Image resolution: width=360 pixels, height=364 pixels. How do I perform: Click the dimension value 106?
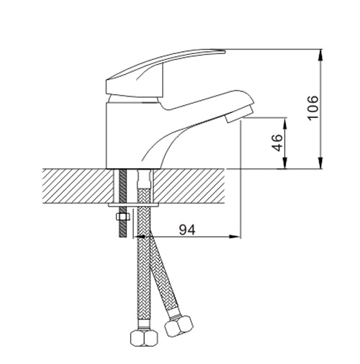(x=313, y=108)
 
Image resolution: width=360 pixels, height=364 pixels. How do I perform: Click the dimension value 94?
(x=187, y=230)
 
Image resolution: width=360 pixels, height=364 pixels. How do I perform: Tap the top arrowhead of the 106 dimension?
(x=320, y=55)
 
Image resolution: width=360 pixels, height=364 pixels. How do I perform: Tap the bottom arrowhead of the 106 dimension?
(x=320, y=163)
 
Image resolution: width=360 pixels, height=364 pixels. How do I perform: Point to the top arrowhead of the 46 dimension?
(x=285, y=123)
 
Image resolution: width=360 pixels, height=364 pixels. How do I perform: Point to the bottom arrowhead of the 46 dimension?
(x=285, y=163)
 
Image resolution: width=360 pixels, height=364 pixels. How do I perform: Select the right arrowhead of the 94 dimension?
(x=235, y=237)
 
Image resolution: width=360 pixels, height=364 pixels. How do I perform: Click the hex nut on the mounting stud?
(x=122, y=217)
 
